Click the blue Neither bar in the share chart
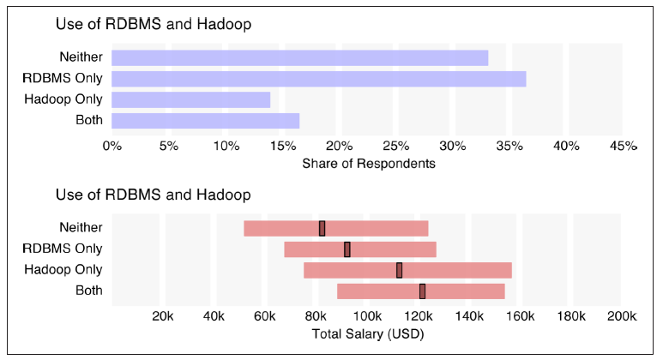pyautogui.click(x=300, y=58)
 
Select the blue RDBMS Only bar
pyautogui.click(x=319, y=79)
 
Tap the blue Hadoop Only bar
pyautogui.click(x=190, y=99)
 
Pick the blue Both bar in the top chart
pyautogui.click(x=206, y=121)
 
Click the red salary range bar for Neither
pyautogui.click(x=336, y=229)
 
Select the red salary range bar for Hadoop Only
pyautogui.click(x=407, y=270)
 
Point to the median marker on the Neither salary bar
pyautogui.click(x=322, y=229)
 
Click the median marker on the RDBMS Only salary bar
pyautogui.click(x=347, y=249)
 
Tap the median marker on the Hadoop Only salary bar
pyautogui.click(x=399, y=270)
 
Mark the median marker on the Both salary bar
pyautogui.click(x=422, y=291)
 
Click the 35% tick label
pyautogui.click(x=509, y=147)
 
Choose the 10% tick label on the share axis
pyautogui.click(x=226, y=147)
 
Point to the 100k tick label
pyautogui.click(x=367, y=316)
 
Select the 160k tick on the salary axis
pyautogui.click(x=521, y=316)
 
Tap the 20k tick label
pyautogui.click(x=163, y=316)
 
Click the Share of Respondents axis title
pyautogui.click(x=369, y=164)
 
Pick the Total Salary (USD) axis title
pyautogui.click(x=368, y=334)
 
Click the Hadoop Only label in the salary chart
pyautogui.click(x=63, y=270)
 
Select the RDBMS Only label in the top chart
pyautogui.click(x=63, y=78)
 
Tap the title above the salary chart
pyautogui.click(x=153, y=195)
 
